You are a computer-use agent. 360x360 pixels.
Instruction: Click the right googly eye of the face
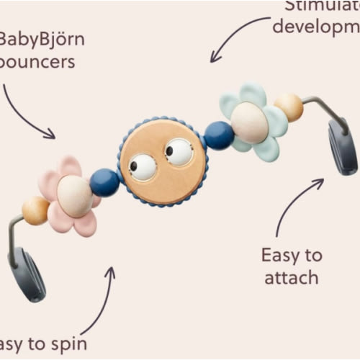coord(179,152)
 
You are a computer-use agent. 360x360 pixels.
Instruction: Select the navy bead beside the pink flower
coord(105,183)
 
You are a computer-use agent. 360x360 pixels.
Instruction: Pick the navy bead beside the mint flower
coord(218,135)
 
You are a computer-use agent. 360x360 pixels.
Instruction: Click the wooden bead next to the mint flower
coord(289,107)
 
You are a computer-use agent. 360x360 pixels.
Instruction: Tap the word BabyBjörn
coord(42,38)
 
